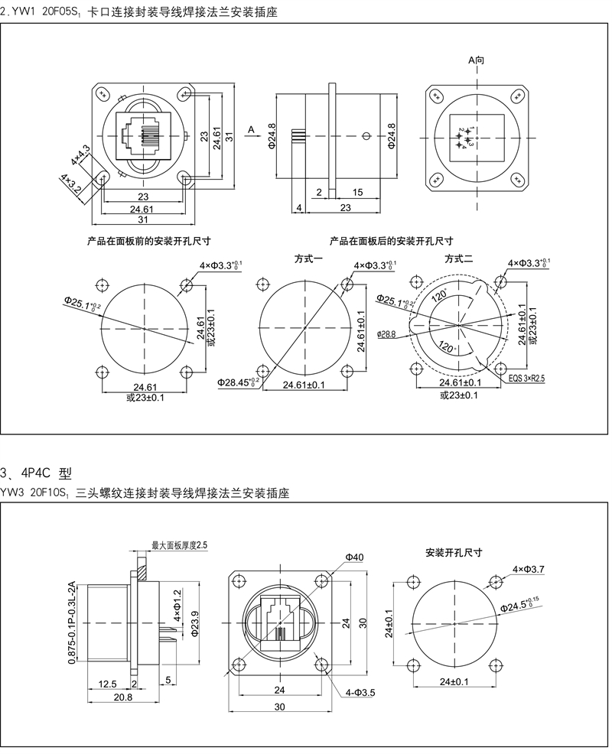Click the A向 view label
point(476,60)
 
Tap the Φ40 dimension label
point(353,557)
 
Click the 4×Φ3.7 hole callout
point(528,568)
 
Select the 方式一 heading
point(309,259)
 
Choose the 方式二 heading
point(460,259)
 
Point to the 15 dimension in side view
point(357,191)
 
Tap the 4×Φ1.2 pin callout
point(177,603)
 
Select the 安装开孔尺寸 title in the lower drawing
point(454,551)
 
